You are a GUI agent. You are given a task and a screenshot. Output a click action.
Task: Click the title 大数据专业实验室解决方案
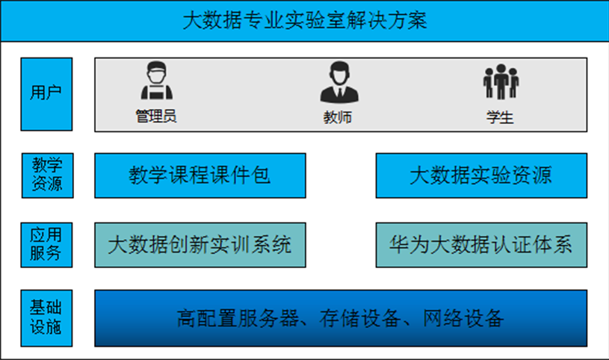pos(304,20)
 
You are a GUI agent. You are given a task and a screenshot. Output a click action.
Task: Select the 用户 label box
pos(46,93)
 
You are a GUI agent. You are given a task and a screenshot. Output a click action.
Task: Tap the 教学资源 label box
pos(46,175)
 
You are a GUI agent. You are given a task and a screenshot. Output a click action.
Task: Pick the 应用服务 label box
pos(46,244)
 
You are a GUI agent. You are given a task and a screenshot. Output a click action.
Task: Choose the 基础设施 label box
pos(46,318)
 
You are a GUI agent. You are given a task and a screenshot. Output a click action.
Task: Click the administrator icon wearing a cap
pos(156,81)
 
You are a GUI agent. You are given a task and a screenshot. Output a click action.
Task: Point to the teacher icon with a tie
pos(338,82)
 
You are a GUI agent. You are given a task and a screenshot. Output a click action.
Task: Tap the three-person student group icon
pos(500,81)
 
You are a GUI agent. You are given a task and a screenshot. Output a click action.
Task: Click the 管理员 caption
pos(156,117)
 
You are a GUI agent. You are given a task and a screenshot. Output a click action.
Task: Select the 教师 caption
pos(338,117)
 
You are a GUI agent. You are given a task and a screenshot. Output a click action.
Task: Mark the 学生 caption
pos(500,117)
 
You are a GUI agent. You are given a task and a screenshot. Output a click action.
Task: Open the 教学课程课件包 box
pos(200,176)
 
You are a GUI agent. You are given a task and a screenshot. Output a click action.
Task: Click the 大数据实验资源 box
pos(480,176)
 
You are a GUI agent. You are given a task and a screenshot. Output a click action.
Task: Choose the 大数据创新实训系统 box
pos(200,244)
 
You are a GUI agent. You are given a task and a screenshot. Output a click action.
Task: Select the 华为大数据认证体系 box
pos(480,244)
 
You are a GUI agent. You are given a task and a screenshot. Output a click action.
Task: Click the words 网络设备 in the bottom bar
pos(464,319)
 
